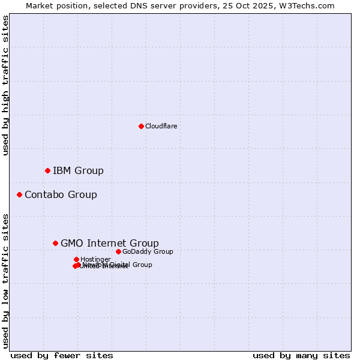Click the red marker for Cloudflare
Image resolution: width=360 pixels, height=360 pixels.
pos(141,126)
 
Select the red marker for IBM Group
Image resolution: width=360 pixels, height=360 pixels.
pos(47,171)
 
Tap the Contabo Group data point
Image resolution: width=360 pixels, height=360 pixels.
pos(19,194)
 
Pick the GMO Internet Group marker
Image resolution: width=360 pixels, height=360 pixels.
pos(55,243)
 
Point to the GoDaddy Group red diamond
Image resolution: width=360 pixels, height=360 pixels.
pos(118,251)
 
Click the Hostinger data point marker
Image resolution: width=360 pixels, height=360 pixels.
pos(76,259)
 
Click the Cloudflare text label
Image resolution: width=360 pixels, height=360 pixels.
pos(161,126)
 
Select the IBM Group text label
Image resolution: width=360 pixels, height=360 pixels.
pos(78,171)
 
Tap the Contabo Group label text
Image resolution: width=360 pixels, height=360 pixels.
pos(61,194)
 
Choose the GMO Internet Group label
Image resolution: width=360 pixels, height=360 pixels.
pos(110,243)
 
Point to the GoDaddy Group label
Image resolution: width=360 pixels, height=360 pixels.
pos(148,251)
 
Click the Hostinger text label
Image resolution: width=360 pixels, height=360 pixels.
pos(95,259)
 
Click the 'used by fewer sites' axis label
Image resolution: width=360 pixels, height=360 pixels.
pos(62,355)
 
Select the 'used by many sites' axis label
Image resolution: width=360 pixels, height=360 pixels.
pos(301,355)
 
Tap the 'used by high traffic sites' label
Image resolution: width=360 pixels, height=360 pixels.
pos(6,85)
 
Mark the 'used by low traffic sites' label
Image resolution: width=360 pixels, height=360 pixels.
pos(6,281)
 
